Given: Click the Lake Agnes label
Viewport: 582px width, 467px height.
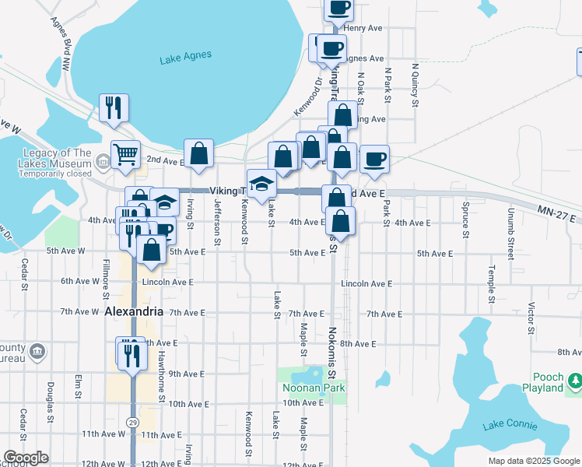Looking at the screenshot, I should coord(185,58).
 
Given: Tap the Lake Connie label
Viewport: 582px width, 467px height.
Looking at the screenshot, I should coord(510,425).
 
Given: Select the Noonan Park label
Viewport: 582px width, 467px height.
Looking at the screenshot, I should coord(312,388).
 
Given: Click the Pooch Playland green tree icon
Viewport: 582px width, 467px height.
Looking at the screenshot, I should coord(574,381).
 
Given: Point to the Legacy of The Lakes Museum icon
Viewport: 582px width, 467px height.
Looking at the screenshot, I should coord(102,162).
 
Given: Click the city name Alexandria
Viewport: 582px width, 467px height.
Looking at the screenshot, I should coord(134,311).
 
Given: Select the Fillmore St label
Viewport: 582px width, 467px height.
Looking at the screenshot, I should coord(106,281).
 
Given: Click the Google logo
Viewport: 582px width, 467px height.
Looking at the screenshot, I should coord(26,458).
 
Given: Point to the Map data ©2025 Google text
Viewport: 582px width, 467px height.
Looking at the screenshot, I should coord(534,461).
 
